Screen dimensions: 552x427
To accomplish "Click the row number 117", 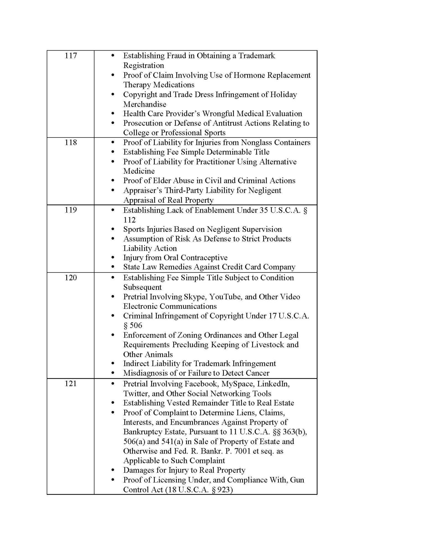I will click(x=71, y=56).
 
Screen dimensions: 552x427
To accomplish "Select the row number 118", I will click(x=71, y=142).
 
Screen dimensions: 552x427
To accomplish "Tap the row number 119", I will click(x=71, y=210).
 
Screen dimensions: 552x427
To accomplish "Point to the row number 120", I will click(x=71, y=277).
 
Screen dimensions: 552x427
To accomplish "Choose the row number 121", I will click(x=71, y=384).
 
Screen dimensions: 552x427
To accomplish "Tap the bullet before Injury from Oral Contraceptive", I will click(x=112, y=258).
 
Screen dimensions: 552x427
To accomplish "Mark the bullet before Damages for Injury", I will click(x=112, y=470).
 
